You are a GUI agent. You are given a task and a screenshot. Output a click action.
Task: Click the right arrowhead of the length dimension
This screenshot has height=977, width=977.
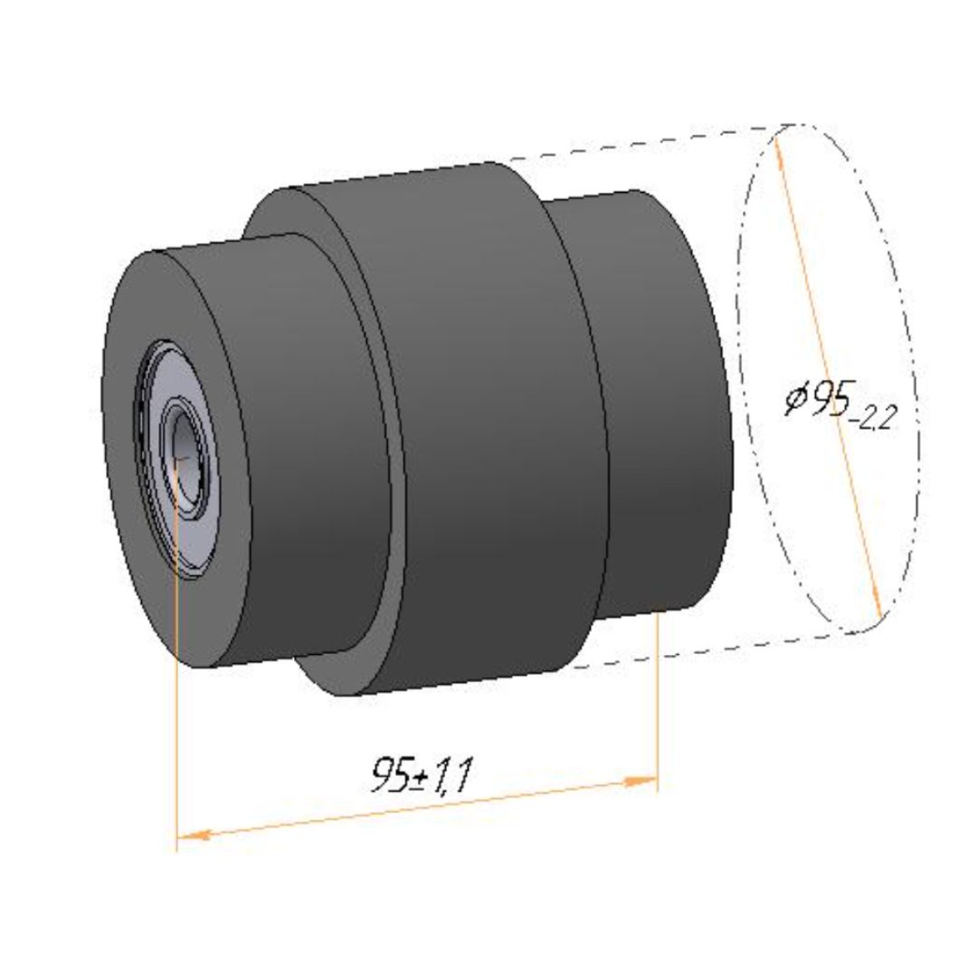[641, 782]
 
